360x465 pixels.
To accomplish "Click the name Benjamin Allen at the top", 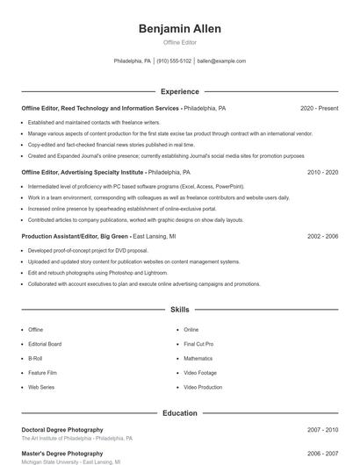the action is (179, 29).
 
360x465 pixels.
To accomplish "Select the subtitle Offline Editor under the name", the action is (179, 42).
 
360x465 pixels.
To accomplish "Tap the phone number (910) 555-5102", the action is (174, 61).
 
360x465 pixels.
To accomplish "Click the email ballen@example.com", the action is (221, 61).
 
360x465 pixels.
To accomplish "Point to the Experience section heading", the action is (179, 91).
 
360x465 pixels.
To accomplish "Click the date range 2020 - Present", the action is (319, 108).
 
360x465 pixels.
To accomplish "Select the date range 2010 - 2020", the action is (322, 172).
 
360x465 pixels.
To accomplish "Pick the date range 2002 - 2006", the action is (322, 236).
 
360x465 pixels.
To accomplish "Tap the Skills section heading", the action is (179, 310).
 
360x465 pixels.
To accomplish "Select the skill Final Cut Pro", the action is (198, 344).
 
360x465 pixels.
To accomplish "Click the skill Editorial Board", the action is (45, 344).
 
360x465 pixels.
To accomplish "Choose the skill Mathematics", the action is (198, 358).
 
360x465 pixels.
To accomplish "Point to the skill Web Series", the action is (41, 386).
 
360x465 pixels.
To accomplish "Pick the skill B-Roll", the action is (35, 358).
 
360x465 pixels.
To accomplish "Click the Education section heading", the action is (179, 412).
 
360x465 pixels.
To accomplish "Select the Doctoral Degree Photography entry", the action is (61, 430).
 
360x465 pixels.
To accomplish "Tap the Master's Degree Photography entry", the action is (60, 454).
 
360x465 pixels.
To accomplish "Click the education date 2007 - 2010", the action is (322, 430).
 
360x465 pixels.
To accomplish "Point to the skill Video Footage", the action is (200, 372).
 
